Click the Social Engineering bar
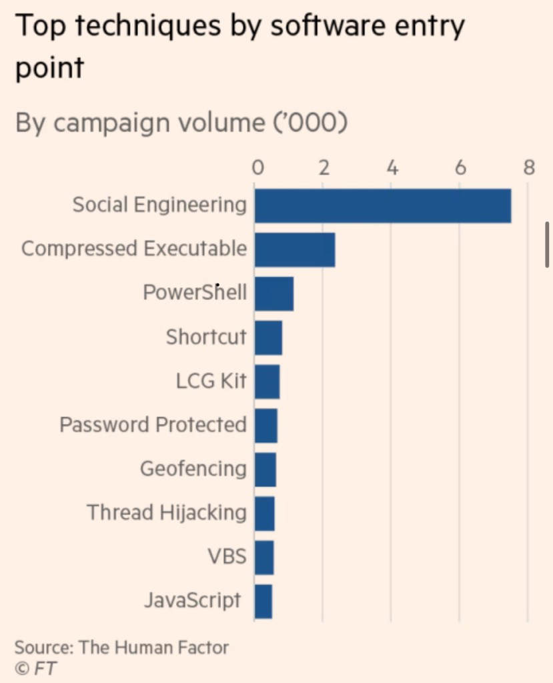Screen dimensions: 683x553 pos(382,205)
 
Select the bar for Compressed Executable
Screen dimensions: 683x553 pos(294,249)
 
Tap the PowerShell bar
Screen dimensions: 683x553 pos(273,293)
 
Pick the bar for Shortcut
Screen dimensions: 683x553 pos(268,337)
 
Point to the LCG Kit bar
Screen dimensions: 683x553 pos(267,382)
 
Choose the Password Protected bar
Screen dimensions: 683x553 pos(265,426)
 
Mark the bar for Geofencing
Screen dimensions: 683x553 pos(265,470)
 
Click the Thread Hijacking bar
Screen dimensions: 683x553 pos(264,514)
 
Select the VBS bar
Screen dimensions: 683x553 pos(263,558)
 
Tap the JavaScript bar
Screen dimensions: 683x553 pos(263,602)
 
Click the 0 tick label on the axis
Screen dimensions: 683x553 pos(257,167)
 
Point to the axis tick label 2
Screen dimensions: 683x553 pos(324,167)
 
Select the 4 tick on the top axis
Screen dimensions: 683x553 pos(392,167)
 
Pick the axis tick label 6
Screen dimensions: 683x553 pos(460,167)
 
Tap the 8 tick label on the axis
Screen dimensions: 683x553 pos(528,167)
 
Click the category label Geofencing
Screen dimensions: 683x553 pos(193,469)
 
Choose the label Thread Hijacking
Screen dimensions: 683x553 pos(166,513)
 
